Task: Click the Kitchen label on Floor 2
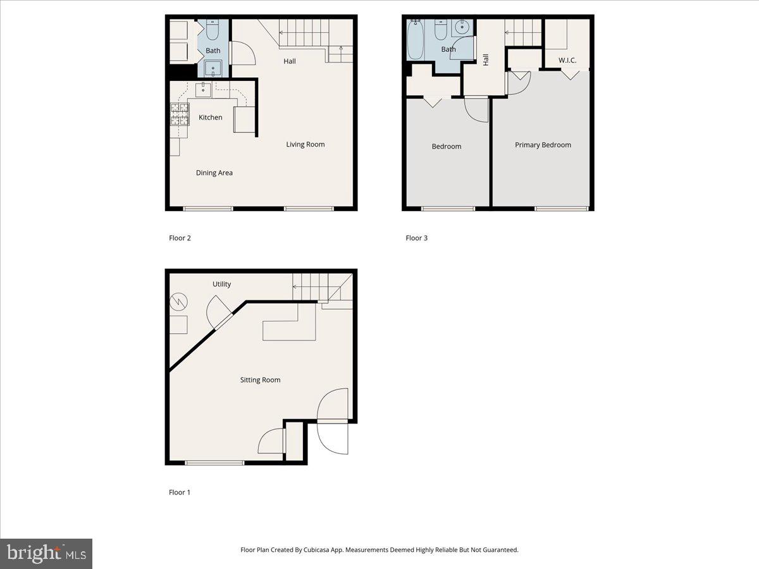coord(211,118)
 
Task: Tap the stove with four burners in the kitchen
coord(180,114)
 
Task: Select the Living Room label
coord(305,145)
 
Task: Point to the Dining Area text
coord(214,173)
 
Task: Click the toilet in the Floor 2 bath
coord(213,31)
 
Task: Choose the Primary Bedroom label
coord(543,145)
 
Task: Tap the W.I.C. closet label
coord(567,61)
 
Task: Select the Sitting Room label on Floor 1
coord(260,380)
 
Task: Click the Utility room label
coord(221,284)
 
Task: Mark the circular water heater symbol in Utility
coord(178,302)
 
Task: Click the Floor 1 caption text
coord(180,493)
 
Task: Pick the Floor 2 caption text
coord(180,238)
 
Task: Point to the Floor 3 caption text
coord(416,238)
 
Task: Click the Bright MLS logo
coord(46,554)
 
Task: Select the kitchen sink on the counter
coord(203,90)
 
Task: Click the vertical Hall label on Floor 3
coord(486,59)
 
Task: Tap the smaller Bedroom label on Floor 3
coord(447,147)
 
